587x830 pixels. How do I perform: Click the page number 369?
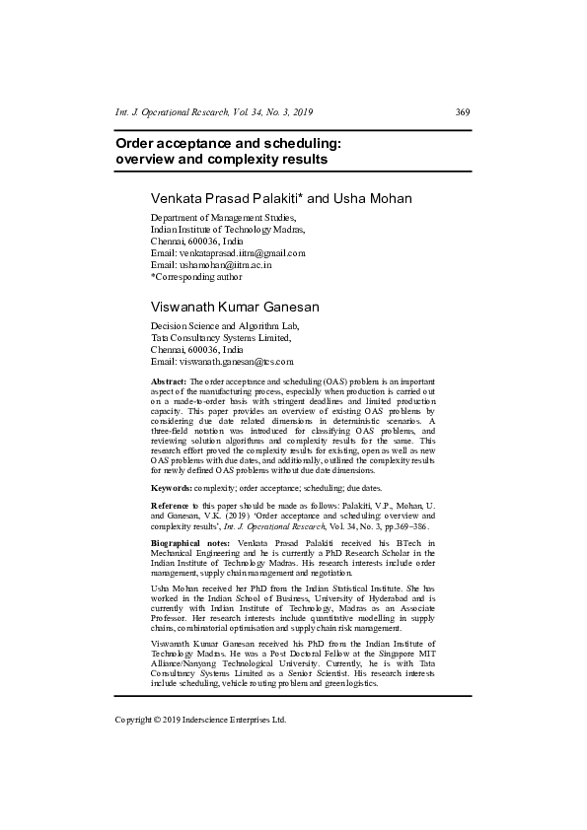point(463,112)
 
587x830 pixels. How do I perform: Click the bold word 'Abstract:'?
point(169,380)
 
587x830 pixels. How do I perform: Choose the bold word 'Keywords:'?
point(172,488)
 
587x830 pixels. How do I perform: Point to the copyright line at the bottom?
point(200,720)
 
